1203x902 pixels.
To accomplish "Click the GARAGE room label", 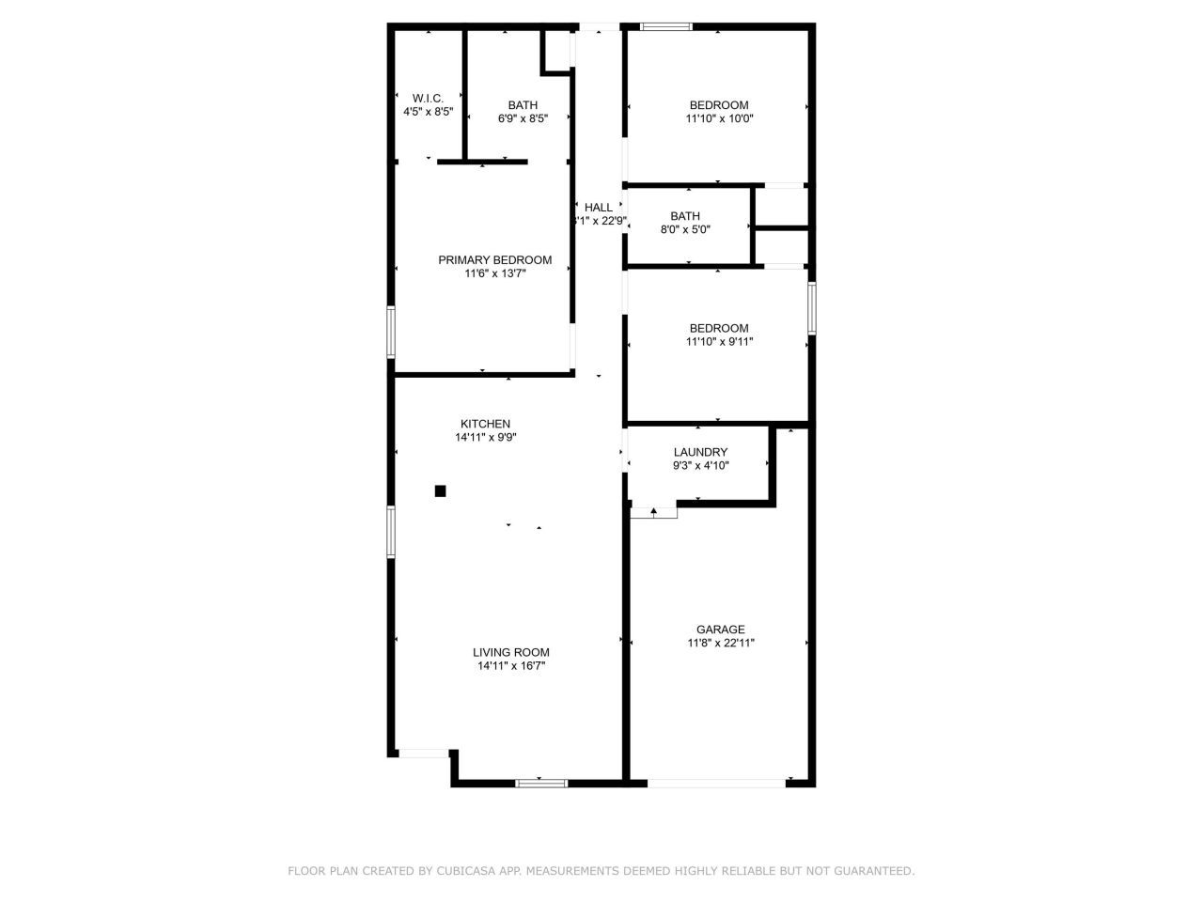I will [x=720, y=630].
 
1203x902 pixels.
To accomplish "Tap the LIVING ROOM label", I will [x=510, y=652].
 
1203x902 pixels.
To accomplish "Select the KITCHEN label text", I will [x=485, y=424].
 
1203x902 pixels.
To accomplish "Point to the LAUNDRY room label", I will [x=700, y=452].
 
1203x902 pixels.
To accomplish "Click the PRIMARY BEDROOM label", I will [x=494, y=260].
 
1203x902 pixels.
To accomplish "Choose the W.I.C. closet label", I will [x=428, y=98].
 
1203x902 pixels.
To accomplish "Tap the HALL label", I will [x=598, y=208].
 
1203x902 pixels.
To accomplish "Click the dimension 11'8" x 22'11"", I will [x=720, y=644].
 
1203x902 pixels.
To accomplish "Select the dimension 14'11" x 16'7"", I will [x=510, y=666].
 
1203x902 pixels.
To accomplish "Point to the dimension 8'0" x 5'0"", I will [x=684, y=229].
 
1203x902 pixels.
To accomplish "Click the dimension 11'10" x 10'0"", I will [x=719, y=118].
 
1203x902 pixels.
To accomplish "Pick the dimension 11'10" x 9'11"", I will [x=719, y=342].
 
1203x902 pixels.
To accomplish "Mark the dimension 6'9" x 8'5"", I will [x=523, y=118].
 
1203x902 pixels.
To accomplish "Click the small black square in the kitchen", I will [x=440, y=490].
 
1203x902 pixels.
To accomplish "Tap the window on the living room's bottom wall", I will [x=541, y=782].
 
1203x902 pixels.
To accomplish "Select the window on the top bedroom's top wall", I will [x=665, y=26].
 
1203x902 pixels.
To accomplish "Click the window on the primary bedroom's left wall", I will [x=392, y=332].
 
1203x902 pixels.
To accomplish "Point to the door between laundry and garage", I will [x=653, y=513].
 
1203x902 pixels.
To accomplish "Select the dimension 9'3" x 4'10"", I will [x=700, y=466].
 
